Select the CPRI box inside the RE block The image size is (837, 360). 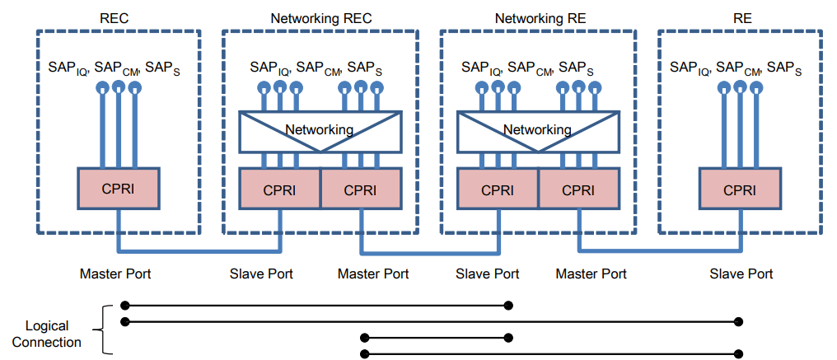(x=739, y=189)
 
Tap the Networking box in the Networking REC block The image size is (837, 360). (x=319, y=130)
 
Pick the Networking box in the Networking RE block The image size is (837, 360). (x=537, y=130)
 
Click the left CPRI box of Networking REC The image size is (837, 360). (x=278, y=189)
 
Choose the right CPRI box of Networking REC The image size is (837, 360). (x=359, y=189)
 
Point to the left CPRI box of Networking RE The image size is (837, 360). (x=497, y=189)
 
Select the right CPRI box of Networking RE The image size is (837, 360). (x=577, y=189)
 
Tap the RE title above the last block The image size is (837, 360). (x=741, y=17)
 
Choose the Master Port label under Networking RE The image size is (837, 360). (x=591, y=274)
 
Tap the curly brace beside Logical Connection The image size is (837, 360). (x=104, y=330)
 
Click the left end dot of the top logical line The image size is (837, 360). (x=124, y=305)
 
